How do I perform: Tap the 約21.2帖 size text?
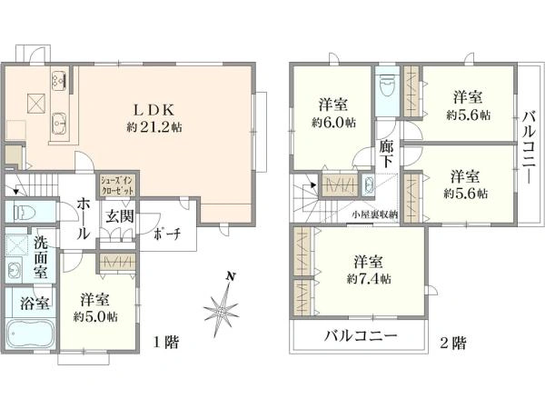[154, 127]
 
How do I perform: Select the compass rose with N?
[222, 305]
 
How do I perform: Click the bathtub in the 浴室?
[32, 339]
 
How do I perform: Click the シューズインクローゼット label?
[117, 186]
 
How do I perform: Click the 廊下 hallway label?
[387, 154]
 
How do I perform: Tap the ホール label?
[82, 219]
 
